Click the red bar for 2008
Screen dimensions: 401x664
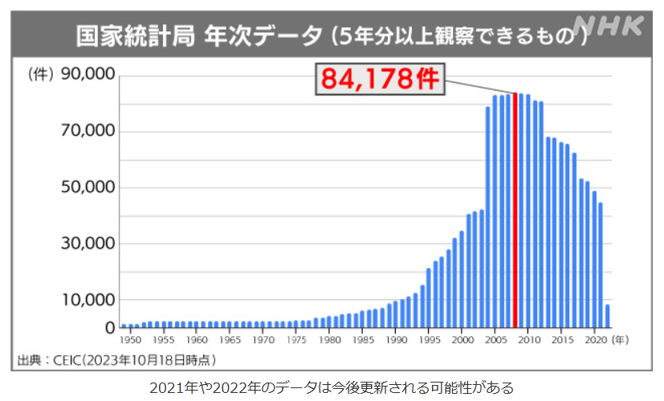pyautogui.click(x=515, y=210)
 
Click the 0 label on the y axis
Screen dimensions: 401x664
pyautogui.click(x=109, y=327)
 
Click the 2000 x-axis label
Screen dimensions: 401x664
pyautogui.click(x=461, y=340)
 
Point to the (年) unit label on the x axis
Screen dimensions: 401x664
pyautogui.click(x=621, y=340)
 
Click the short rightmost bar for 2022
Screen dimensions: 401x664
pyautogui.click(x=608, y=316)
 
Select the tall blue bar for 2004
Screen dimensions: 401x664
pyautogui.click(x=488, y=217)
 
